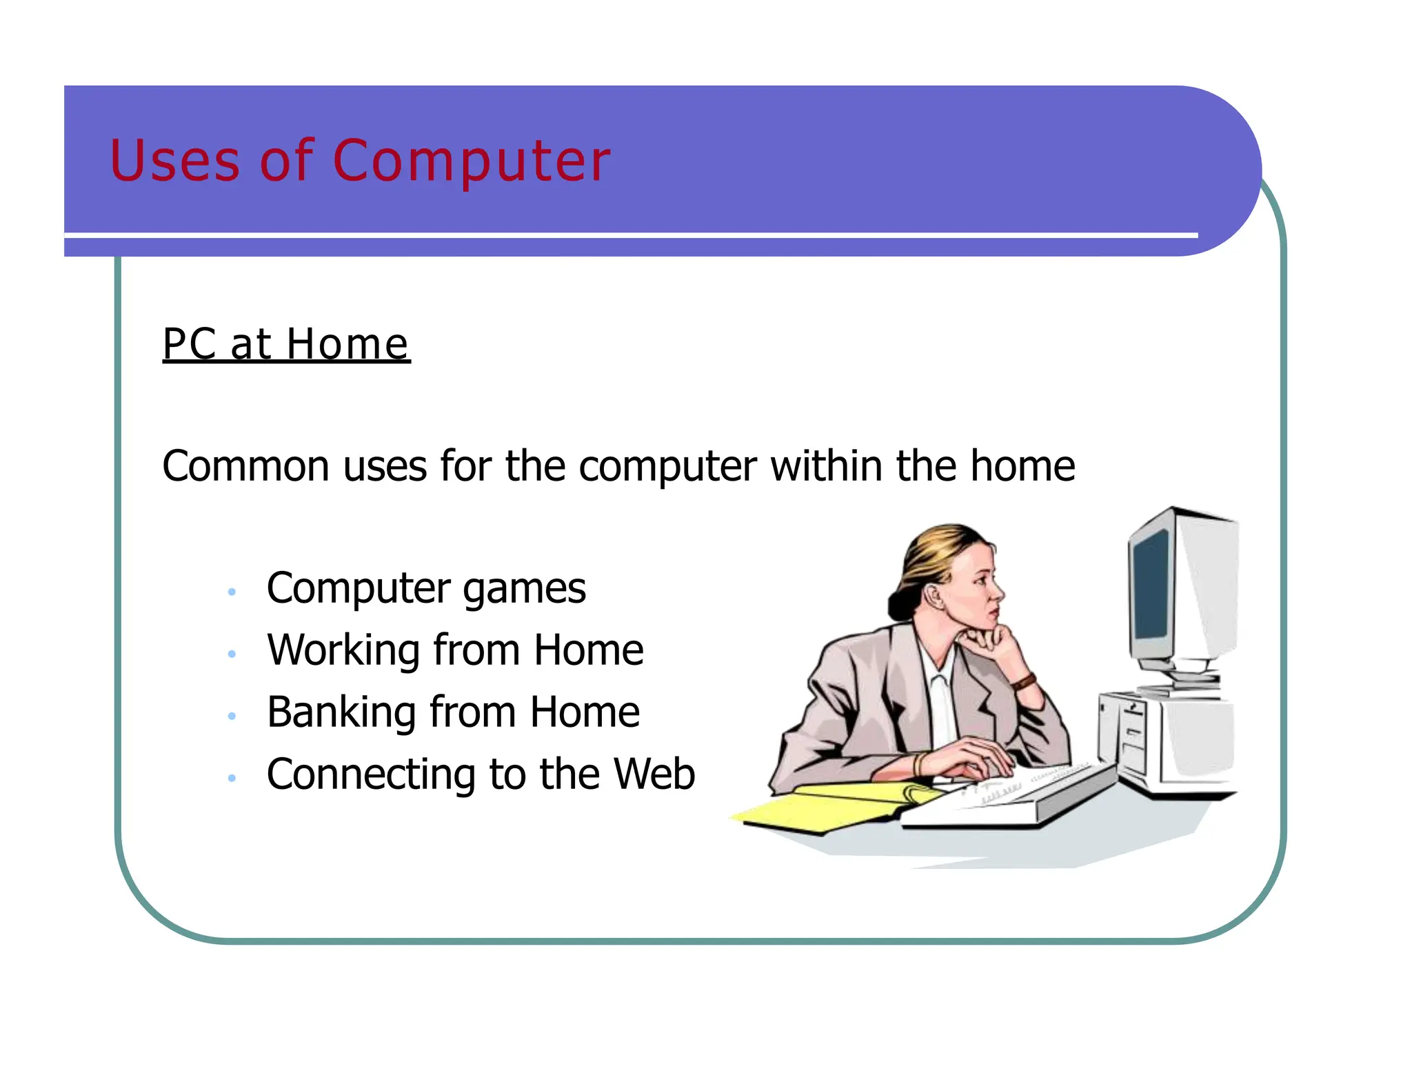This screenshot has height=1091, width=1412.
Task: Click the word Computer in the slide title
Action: click(472, 161)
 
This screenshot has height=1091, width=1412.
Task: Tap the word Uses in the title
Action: click(174, 161)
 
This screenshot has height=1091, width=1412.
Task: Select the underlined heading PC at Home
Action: click(285, 344)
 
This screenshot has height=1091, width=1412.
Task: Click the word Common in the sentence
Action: click(245, 466)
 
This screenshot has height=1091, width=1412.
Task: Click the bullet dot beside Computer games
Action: click(232, 592)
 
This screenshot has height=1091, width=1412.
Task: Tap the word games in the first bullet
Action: click(524, 590)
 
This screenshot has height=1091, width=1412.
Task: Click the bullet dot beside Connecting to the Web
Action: click(232, 778)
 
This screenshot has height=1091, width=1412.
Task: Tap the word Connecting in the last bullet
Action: click(371, 775)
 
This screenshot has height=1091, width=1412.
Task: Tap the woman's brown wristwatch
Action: click(1024, 683)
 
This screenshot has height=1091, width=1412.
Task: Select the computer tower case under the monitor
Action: click(1165, 741)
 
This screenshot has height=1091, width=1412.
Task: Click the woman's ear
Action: click(936, 594)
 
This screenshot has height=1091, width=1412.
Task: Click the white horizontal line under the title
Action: click(631, 236)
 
